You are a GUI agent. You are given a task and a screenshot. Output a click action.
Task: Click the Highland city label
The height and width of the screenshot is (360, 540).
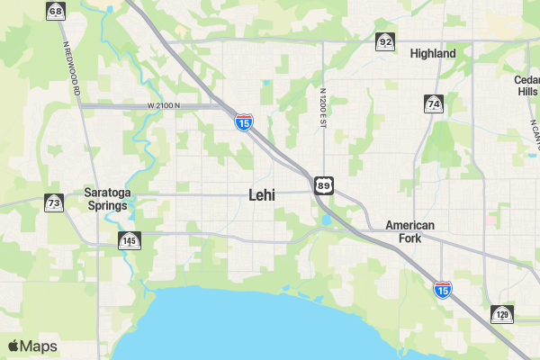(x=432, y=53)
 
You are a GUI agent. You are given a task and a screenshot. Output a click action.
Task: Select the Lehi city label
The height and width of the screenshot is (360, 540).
(x=262, y=194)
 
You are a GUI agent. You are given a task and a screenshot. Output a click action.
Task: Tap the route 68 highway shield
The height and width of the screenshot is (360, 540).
(x=56, y=12)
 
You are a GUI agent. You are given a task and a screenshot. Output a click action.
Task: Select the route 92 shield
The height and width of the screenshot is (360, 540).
(x=385, y=41)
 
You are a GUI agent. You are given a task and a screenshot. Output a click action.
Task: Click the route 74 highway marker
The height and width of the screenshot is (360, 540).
(x=434, y=103)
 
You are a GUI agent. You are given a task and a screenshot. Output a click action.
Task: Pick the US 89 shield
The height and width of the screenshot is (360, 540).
(x=323, y=184)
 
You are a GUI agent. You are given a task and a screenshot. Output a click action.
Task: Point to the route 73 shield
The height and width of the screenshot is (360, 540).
(x=54, y=202)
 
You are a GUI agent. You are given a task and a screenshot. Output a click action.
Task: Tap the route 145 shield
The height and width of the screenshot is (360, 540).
(x=129, y=240)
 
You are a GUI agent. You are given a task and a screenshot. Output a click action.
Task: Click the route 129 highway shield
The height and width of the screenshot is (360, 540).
(x=502, y=314)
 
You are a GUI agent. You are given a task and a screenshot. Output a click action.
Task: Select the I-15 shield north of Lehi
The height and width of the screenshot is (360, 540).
(x=243, y=121)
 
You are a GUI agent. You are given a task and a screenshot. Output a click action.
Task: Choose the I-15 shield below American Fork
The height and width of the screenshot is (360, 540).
(x=442, y=289)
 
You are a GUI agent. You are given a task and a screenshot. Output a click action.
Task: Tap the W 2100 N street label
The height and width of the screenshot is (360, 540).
(x=165, y=105)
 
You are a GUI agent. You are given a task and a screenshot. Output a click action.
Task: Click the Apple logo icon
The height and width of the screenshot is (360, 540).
(x=13, y=346)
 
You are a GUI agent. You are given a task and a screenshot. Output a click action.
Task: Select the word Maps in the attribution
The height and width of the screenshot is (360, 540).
(x=39, y=346)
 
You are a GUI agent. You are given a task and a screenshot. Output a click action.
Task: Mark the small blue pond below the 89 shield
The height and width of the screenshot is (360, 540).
(x=325, y=219)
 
